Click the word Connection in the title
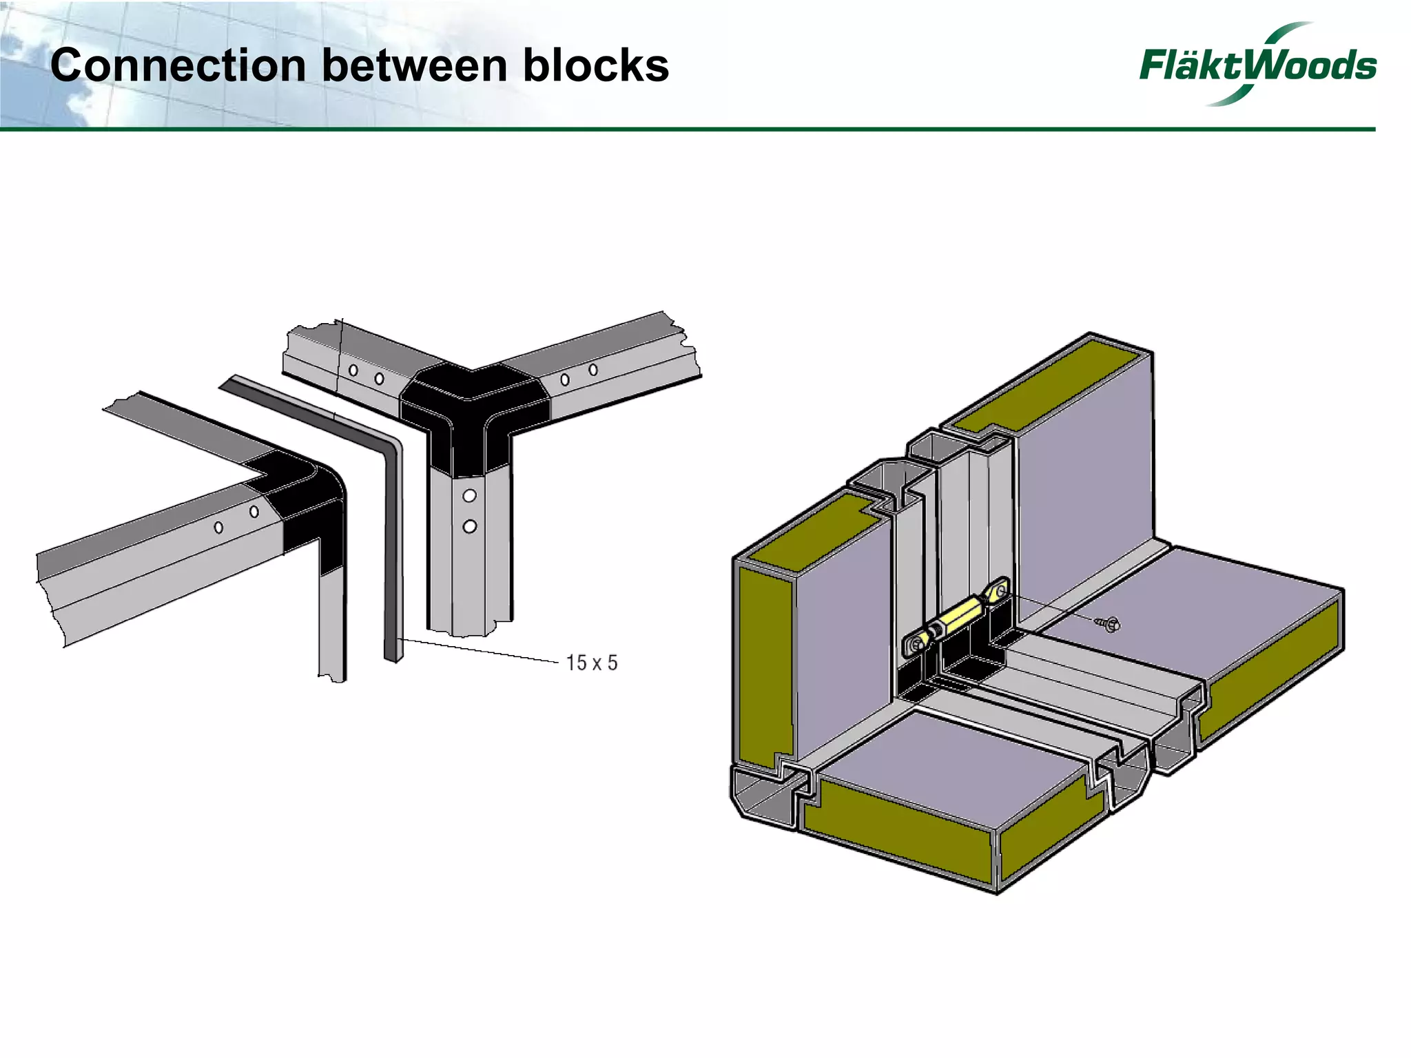[x=178, y=66]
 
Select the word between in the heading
[x=414, y=66]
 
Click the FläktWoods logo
[x=1257, y=65]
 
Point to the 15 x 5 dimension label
[x=591, y=663]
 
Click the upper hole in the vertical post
[x=469, y=496]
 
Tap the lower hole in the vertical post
[x=469, y=527]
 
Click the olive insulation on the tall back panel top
[x=1047, y=393]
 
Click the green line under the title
[x=689, y=129]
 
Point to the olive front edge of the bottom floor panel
[x=896, y=837]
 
